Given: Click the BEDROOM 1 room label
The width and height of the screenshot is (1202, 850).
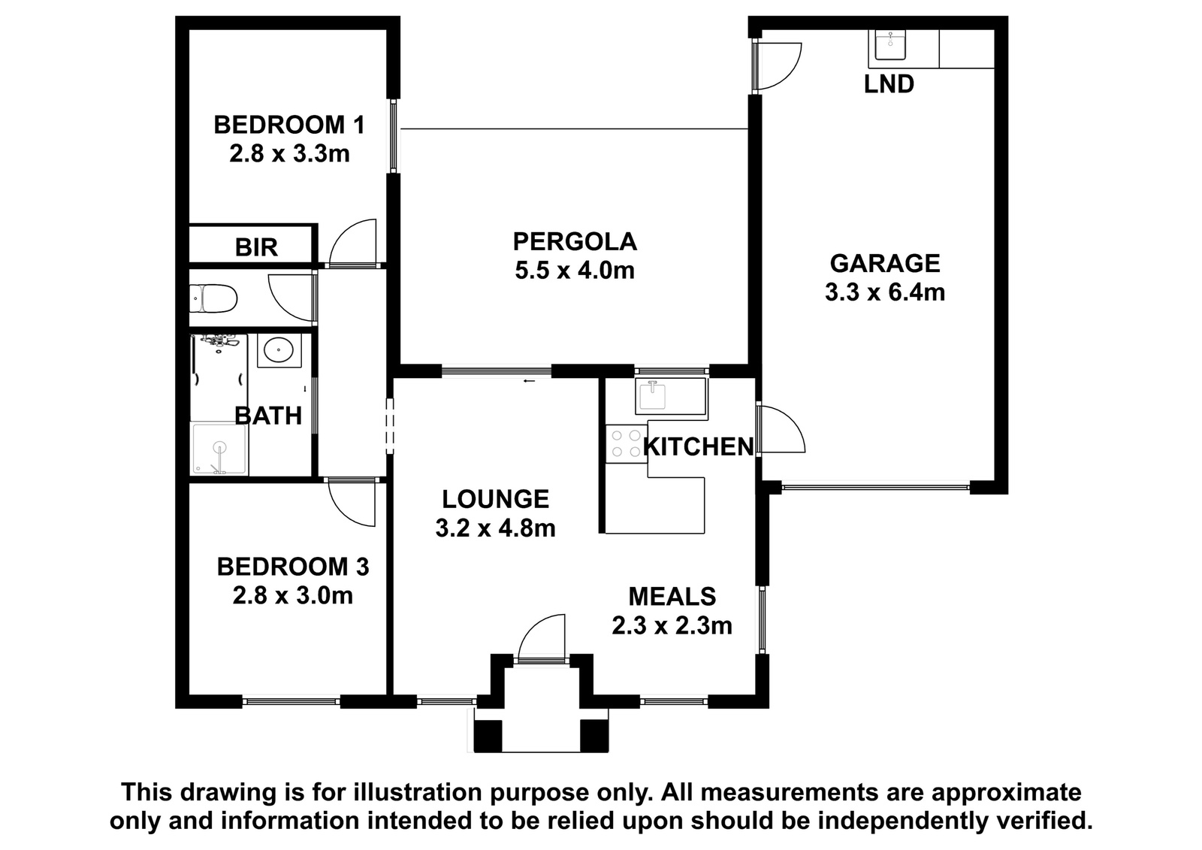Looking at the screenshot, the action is [289, 125].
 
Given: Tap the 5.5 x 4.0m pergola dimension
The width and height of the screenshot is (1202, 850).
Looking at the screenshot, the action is [575, 271].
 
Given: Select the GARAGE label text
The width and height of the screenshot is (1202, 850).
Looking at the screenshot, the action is [885, 264].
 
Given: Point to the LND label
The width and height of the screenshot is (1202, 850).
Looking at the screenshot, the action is [889, 84].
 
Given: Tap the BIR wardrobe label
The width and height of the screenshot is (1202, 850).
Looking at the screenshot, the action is [256, 247].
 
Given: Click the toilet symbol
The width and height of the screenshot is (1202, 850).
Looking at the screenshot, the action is [213, 298].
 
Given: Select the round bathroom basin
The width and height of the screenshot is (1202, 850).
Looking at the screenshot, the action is [279, 351].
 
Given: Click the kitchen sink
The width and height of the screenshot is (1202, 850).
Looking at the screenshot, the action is [653, 396].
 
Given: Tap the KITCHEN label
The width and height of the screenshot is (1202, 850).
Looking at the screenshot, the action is [699, 446].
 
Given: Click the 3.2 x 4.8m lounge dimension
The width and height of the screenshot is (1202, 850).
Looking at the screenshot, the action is [495, 529].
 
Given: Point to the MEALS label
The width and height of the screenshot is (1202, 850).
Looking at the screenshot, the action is [672, 597].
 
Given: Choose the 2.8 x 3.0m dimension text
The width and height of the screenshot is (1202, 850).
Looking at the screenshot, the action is [292, 595].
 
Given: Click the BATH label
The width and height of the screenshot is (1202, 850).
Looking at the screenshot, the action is [268, 416].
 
